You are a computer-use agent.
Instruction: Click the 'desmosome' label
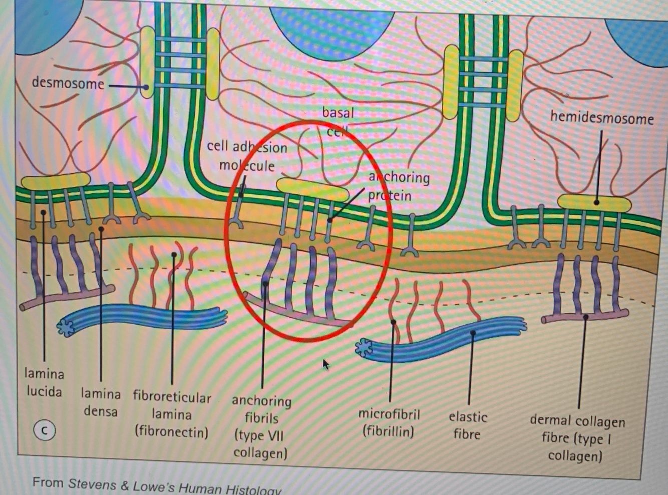point(68,83)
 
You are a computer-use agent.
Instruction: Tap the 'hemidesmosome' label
point(601,118)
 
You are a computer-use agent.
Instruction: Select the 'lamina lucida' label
point(44,382)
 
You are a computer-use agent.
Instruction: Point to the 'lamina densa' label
point(101,403)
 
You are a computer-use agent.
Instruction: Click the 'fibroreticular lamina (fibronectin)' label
point(172,414)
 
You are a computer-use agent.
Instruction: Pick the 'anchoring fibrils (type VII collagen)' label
point(261,426)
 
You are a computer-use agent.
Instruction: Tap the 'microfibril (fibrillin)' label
point(389,423)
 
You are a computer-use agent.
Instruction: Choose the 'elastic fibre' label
point(467,425)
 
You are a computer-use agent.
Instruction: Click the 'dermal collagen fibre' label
point(577,438)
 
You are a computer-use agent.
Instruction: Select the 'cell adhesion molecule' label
point(247,156)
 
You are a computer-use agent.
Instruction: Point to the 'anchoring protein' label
point(398,186)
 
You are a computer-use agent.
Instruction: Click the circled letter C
point(44,430)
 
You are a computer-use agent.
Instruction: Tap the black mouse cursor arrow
point(326,364)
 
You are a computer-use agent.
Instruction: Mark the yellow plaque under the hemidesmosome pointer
point(594,203)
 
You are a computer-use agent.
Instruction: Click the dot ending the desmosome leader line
point(145,87)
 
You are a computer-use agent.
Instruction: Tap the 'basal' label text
point(338,113)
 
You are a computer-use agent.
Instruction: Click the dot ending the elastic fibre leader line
point(473,332)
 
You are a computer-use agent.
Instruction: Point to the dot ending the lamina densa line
point(101,229)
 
